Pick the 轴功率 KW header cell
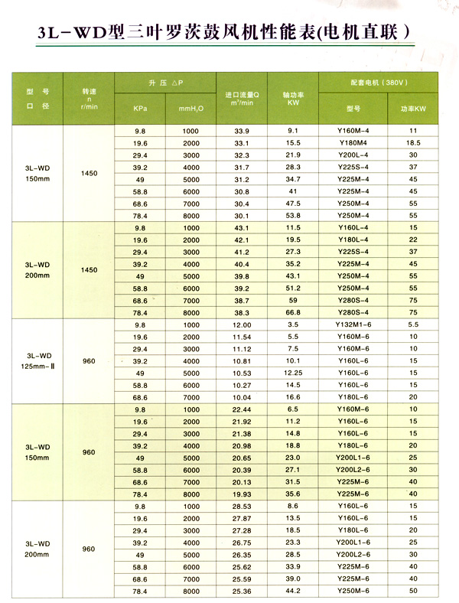click(294, 97)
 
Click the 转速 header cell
click(89, 96)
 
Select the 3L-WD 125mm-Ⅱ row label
click(38, 360)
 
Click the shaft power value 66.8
click(294, 313)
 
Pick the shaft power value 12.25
click(294, 373)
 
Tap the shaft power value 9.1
click(294, 131)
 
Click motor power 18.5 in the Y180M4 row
click(414, 143)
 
